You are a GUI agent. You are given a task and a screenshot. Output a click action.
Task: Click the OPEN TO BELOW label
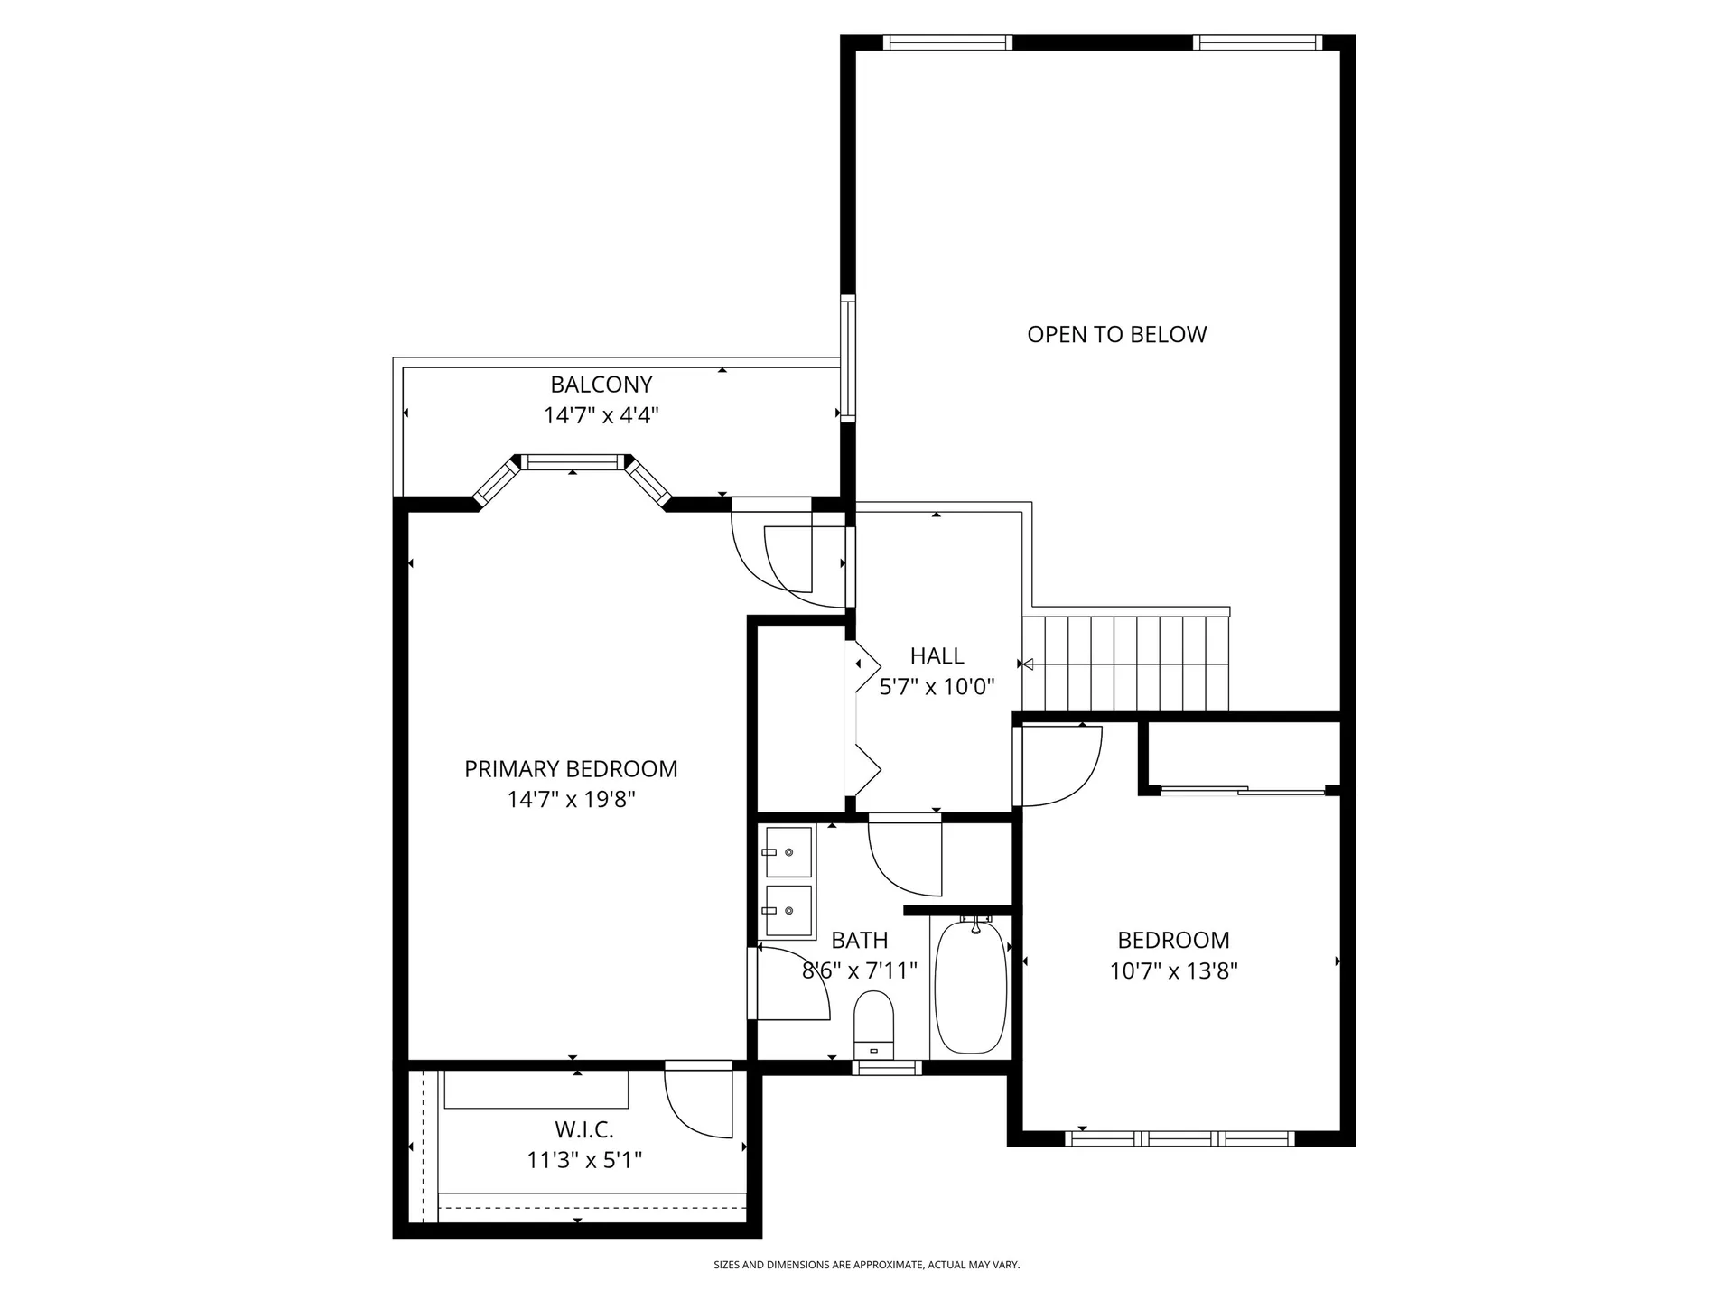click(1116, 334)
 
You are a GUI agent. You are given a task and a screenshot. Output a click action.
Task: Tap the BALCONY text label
click(601, 385)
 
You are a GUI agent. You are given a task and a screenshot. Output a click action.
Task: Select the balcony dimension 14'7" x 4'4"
click(601, 415)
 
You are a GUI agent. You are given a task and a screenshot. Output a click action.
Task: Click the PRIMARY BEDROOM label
click(571, 768)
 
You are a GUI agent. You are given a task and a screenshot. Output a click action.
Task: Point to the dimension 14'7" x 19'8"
click(571, 800)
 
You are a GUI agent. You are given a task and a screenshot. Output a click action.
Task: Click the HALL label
click(937, 655)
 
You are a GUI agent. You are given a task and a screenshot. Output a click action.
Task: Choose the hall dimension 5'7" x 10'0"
click(937, 687)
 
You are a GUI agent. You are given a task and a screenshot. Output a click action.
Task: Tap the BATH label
click(859, 940)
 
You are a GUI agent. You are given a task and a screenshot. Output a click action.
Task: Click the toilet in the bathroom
click(873, 1024)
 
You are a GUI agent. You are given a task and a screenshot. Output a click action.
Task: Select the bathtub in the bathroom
click(971, 986)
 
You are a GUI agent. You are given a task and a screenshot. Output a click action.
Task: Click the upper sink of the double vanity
click(788, 851)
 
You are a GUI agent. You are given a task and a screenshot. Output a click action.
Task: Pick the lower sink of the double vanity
click(788, 912)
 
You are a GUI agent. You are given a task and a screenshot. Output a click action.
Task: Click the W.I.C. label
click(583, 1129)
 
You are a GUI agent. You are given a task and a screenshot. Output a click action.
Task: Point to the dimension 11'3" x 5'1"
click(583, 1160)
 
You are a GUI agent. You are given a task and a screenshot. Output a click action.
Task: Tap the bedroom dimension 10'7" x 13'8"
click(1173, 971)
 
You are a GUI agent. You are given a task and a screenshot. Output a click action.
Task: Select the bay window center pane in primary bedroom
click(573, 462)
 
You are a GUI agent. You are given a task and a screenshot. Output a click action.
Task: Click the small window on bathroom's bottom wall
click(887, 1068)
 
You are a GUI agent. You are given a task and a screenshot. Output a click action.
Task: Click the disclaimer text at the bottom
click(866, 1265)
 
